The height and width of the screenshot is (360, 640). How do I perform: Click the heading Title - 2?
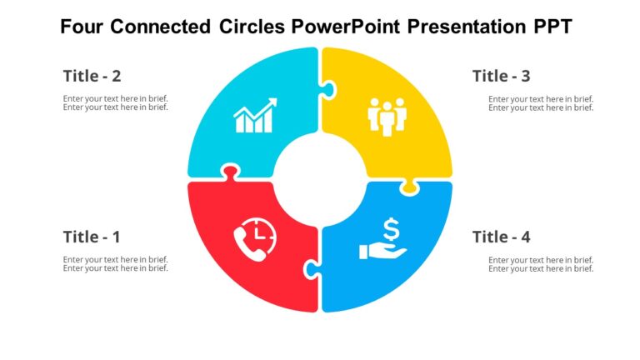point(92,76)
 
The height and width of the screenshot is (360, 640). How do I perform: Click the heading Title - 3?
point(501,76)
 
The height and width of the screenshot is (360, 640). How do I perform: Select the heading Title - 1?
point(92,237)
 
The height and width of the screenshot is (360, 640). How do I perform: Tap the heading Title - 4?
point(501,237)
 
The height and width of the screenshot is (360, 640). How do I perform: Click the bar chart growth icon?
point(255,117)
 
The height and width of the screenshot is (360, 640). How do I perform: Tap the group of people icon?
point(386,117)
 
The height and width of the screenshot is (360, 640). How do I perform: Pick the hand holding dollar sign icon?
point(383,238)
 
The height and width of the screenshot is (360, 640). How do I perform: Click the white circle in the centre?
point(320,178)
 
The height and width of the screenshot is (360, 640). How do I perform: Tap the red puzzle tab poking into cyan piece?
point(227,172)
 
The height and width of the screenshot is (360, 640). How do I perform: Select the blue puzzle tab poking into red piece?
point(312,268)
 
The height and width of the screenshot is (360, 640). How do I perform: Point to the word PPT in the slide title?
point(552,27)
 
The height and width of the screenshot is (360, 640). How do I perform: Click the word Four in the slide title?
point(82,27)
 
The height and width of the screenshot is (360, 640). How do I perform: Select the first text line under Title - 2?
point(115,98)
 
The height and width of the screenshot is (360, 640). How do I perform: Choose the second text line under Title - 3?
point(541,107)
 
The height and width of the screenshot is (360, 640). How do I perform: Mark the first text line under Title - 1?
point(115,259)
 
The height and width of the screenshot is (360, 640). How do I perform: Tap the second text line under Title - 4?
point(541,268)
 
